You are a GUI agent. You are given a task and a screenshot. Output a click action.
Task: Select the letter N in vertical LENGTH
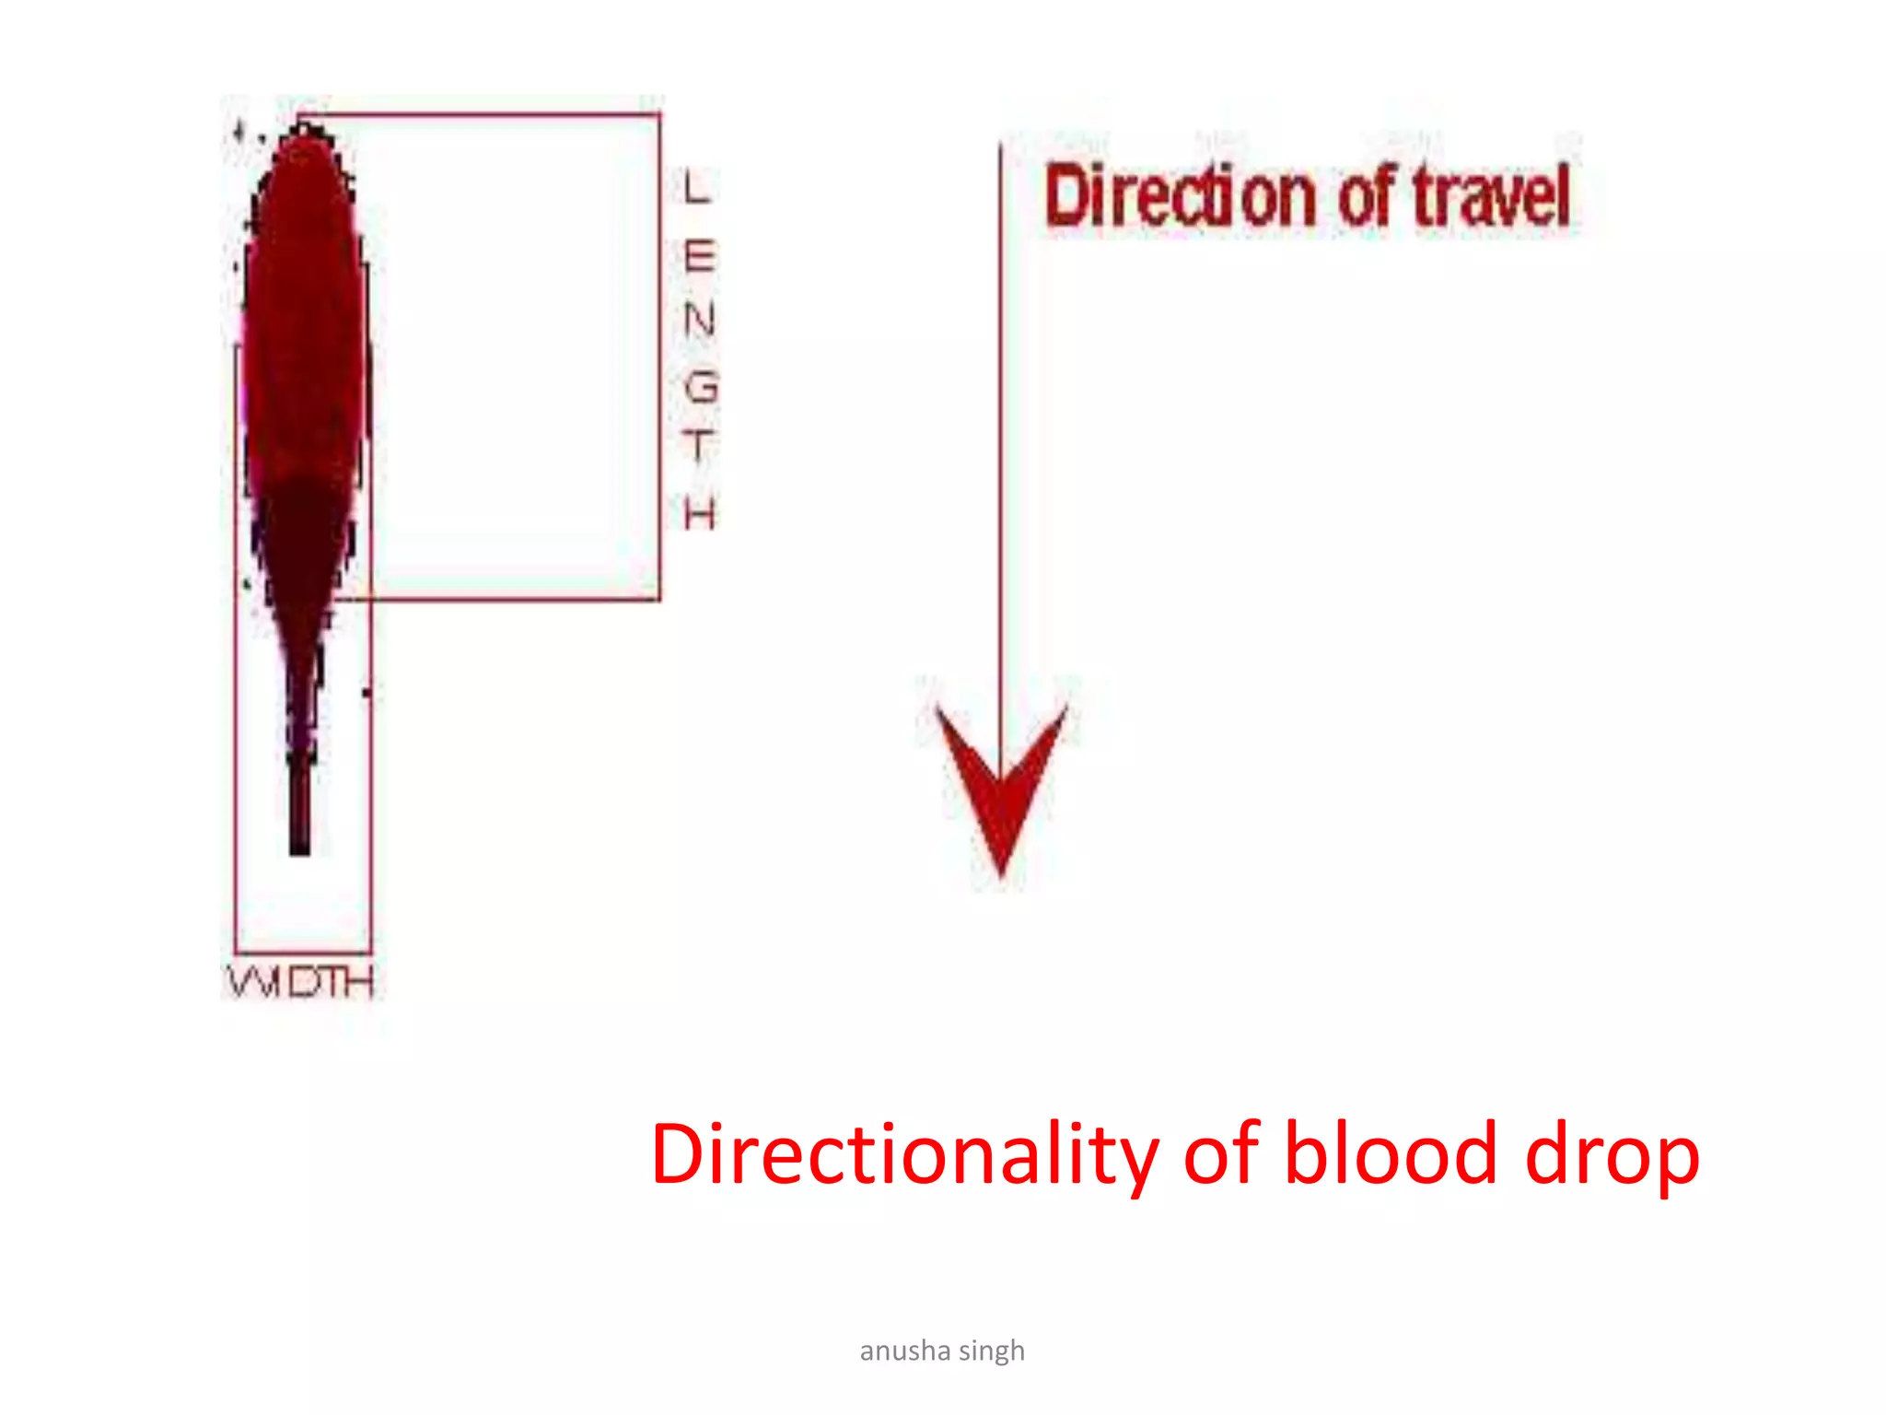(700, 320)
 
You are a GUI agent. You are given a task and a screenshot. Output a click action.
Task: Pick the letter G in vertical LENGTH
(701, 386)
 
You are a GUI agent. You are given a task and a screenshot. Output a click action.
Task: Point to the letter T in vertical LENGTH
(699, 447)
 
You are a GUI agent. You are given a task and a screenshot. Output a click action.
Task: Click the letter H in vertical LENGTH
(700, 512)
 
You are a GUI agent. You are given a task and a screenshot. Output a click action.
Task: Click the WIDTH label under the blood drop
(300, 982)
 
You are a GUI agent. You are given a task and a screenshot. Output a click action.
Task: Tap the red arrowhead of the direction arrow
(1002, 783)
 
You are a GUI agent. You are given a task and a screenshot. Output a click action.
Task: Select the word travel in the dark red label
(1492, 197)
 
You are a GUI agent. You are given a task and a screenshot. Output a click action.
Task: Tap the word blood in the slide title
(1391, 1155)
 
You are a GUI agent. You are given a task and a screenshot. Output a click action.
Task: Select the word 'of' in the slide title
(1221, 1155)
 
